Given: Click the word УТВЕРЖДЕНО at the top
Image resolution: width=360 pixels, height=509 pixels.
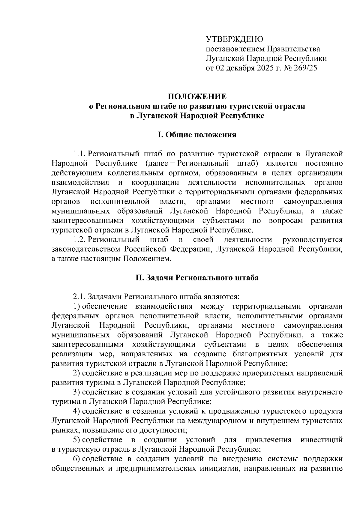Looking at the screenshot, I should click(x=234, y=39).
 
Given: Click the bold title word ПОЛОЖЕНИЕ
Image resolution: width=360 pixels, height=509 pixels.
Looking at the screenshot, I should click(x=197, y=97).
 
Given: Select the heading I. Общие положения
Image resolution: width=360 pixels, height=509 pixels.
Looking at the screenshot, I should click(x=197, y=135).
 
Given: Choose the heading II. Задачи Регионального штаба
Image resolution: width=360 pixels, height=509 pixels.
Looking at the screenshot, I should click(x=197, y=278).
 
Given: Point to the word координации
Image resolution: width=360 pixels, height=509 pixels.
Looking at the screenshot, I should click(x=155, y=183).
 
